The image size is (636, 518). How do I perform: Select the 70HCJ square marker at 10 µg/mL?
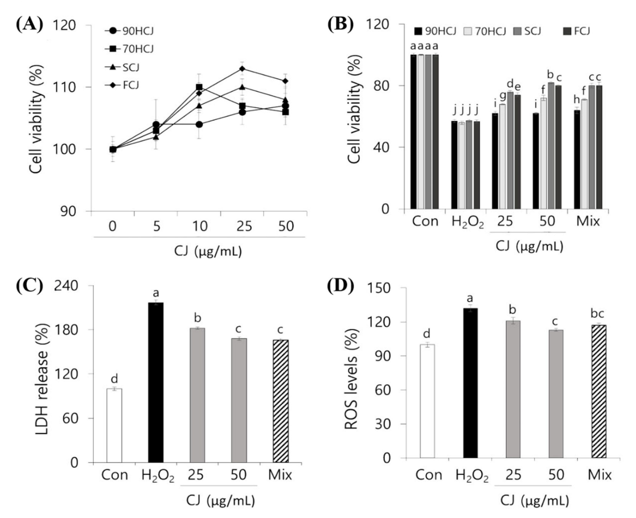199,87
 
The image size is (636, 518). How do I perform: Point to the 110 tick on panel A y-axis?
64,87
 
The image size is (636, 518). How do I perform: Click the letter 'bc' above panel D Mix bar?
598,314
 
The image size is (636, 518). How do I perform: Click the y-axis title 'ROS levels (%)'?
351,379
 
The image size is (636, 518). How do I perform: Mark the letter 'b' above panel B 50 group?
550,74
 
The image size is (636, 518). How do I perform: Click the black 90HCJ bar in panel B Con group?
413,132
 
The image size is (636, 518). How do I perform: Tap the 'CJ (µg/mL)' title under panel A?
208,252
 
